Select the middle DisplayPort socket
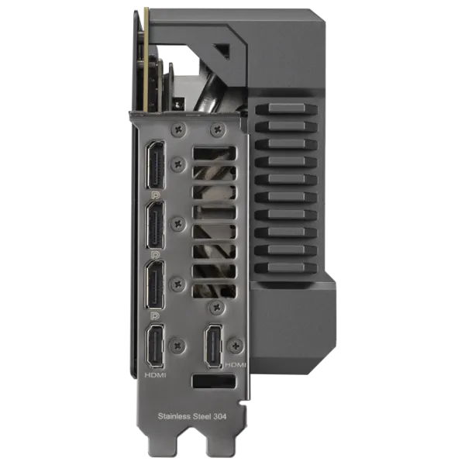(x=155, y=225)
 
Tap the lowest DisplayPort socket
(x=155, y=285)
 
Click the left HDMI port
(x=155, y=346)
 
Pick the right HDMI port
(x=214, y=346)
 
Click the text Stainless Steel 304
(x=192, y=416)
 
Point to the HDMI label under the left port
(x=155, y=375)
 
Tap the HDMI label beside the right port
(x=236, y=365)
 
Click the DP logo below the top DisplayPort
(x=155, y=195)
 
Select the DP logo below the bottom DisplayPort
(x=155, y=316)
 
